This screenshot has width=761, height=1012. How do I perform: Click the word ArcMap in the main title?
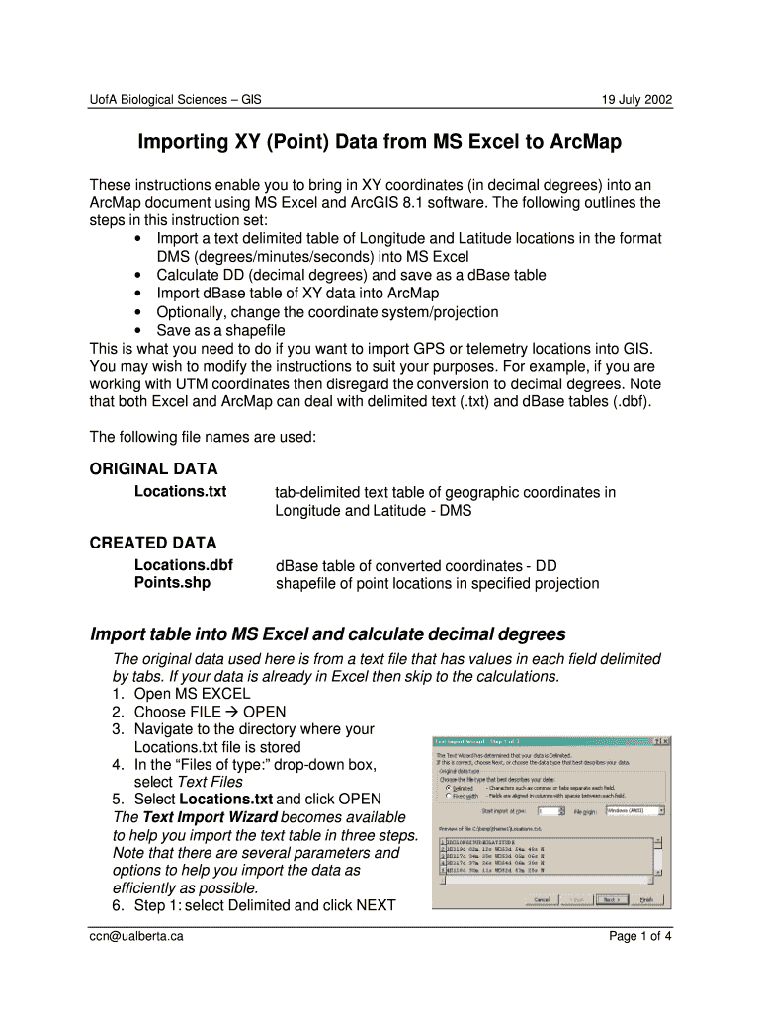573,143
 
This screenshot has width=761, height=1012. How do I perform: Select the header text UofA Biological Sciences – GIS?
175,100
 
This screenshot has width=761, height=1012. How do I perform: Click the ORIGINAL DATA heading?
153,469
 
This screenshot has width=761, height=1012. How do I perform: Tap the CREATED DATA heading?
152,543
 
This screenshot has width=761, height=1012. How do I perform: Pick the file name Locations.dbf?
184,565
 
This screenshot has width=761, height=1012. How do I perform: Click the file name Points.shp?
172,583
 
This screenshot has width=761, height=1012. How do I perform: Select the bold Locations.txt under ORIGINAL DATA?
180,491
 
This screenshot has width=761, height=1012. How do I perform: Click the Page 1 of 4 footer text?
640,936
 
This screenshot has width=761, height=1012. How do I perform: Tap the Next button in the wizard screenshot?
612,899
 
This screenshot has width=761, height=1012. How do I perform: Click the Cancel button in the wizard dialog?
542,899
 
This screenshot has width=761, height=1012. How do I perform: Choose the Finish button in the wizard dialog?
646,899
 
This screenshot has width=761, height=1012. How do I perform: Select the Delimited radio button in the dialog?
448,788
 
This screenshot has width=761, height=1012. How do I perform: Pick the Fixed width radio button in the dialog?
448,796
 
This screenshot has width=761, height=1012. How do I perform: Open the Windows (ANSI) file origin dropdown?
661,810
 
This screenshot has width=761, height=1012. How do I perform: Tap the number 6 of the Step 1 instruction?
117,905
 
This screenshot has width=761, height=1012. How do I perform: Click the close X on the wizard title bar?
666,740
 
